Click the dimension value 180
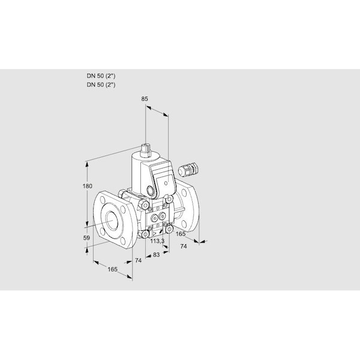coord(87,186)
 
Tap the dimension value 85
coord(145,99)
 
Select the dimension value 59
coord(86,238)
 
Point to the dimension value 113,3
coord(157,241)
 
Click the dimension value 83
coord(157,255)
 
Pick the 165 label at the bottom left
coord(113,269)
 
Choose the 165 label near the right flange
coord(181,234)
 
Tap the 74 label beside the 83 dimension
coord(138,260)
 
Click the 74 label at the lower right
coord(184,247)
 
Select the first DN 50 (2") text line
coord(101,76)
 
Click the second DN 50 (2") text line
coord(101,85)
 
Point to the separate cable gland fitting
coord(188,170)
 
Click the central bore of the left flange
coord(112,221)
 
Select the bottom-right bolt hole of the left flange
coord(123,241)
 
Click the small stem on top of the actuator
coord(146,150)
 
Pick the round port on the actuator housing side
coord(151,190)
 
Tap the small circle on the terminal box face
coord(166,183)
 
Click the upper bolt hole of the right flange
coord(184,193)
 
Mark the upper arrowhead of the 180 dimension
coord(87,164)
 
